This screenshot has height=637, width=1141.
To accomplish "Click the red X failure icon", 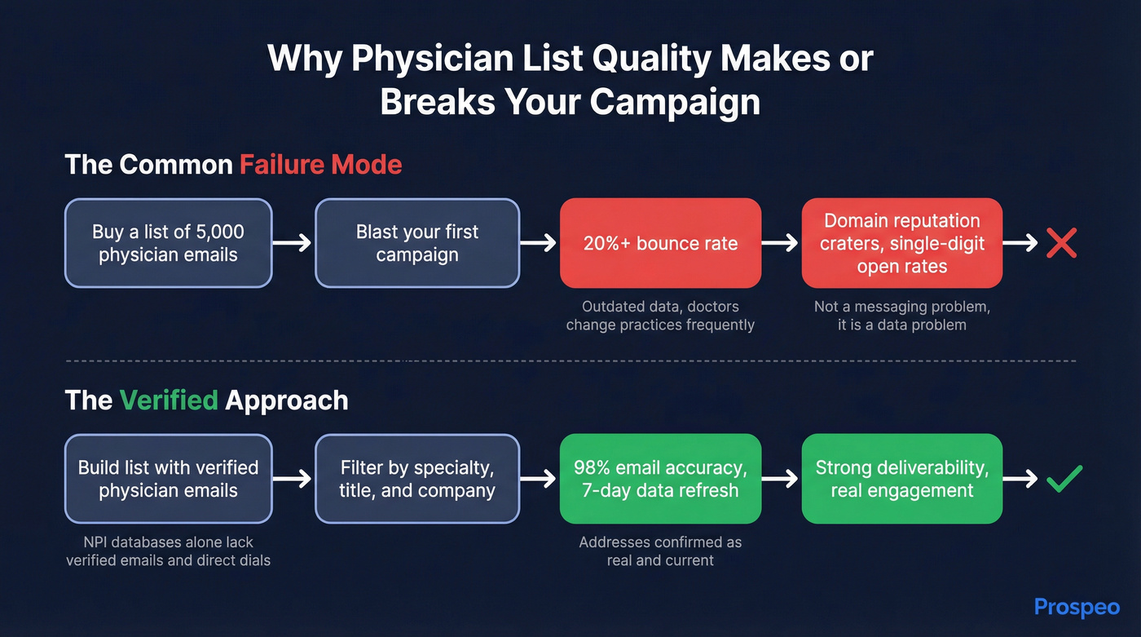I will (1061, 243).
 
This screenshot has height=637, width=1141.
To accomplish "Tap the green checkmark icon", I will (1064, 479).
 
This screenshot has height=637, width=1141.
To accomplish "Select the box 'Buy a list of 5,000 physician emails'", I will (168, 243).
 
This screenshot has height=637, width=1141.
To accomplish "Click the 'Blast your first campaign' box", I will (417, 243).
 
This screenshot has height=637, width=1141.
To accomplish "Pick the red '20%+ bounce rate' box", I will (660, 243).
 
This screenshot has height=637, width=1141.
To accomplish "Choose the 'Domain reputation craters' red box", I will (901, 243).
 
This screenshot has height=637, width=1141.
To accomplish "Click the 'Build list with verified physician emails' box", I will (168, 479).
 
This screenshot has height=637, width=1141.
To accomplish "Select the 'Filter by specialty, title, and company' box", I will (417, 479).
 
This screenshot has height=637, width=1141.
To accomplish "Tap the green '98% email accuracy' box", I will (660, 479).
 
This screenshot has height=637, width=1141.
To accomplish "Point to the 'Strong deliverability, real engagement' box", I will (901, 479).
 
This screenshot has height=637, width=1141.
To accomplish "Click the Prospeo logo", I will (1077, 607).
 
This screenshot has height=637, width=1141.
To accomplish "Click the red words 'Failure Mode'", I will (320, 165).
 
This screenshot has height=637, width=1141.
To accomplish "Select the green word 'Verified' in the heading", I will (169, 400).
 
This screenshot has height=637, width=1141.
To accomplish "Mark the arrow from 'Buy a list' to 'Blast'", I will (293, 243).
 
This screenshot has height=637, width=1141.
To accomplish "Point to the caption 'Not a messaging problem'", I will (901, 316).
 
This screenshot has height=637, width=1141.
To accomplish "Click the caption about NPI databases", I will (168, 551).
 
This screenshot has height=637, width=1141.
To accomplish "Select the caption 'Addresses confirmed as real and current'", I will (660, 551).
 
